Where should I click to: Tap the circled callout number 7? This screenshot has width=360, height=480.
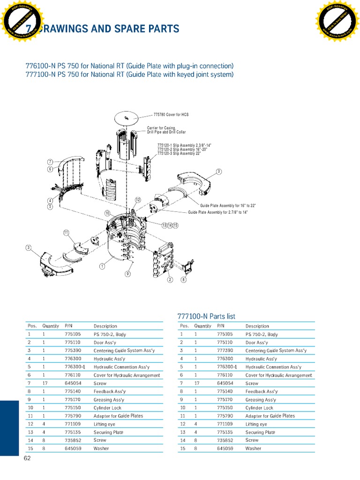click(50, 162)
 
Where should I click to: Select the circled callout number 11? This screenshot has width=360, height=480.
click(66, 232)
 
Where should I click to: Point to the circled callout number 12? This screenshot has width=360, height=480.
click(138, 200)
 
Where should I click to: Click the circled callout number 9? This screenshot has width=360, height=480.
click(127, 273)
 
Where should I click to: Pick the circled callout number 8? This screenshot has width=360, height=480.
click(184, 279)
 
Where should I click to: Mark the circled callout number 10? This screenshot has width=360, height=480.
click(107, 213)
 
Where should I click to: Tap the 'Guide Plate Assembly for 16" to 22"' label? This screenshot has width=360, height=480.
click(228, 206)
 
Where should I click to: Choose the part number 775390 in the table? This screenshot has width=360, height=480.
click(73, 351)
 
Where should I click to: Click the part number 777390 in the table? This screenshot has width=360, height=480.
click(225, 351)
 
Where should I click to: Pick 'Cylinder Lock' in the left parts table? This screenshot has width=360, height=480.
click(107, 408)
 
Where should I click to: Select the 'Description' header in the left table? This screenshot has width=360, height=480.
click(105, 326)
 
